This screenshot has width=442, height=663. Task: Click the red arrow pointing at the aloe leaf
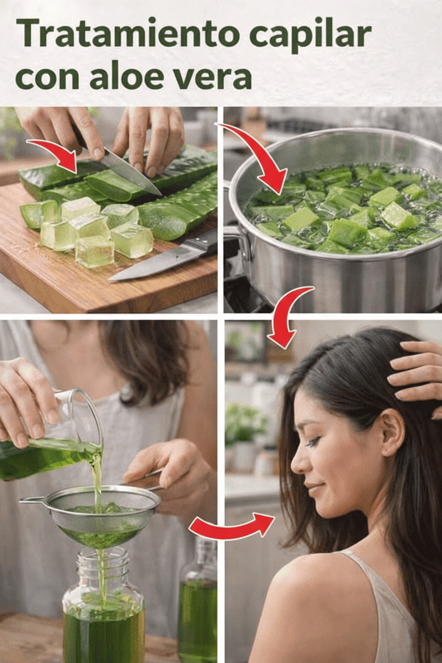(54, 155)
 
